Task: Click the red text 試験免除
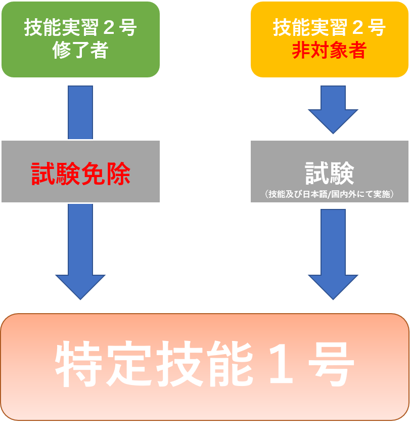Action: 81,174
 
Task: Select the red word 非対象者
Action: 329,51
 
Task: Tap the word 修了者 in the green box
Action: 80,51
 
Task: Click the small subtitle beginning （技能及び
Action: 329,194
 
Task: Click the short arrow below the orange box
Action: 333,110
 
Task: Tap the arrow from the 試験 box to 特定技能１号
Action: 333,253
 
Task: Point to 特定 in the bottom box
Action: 103,366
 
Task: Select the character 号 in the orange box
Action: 377,28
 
